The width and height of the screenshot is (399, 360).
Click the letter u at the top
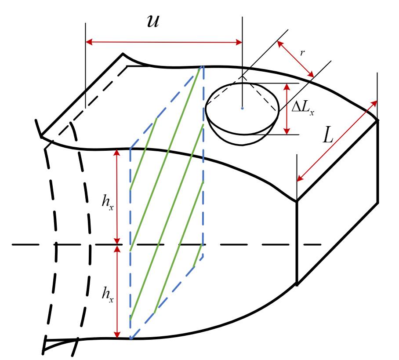(x=153, y=22)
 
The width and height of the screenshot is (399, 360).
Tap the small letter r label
(x=302, y=53)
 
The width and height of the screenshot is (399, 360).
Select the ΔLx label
(x=303, y=109)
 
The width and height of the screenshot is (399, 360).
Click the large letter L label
(x=328, y=135)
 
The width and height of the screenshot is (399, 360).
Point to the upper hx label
(x=107, y=202)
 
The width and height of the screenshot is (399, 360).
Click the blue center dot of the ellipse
(x=242, y=108)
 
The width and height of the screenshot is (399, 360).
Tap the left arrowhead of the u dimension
(x=89, y=42)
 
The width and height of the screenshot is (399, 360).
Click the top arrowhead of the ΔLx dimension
(x=287, y=87)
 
